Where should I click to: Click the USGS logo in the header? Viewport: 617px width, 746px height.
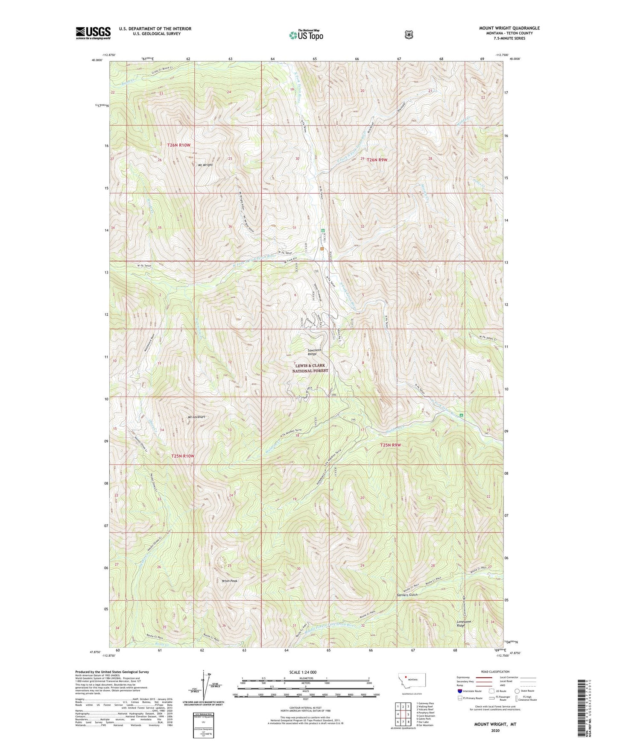(93, 33)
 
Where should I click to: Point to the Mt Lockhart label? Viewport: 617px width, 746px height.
(196, 417)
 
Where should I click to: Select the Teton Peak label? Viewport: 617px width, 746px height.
(230, 581)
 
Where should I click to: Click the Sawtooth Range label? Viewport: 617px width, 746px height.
(315, 352)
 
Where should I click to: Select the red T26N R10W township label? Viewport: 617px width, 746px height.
(179, 145)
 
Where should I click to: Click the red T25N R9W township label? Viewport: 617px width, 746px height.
(391, 445)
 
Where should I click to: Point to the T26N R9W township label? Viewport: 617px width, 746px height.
(377, 159)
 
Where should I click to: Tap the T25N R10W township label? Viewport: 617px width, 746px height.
(183, 456)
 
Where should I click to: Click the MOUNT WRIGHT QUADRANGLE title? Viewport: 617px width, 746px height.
(509, 28)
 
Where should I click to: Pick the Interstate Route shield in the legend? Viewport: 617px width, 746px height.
(459, 691)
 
